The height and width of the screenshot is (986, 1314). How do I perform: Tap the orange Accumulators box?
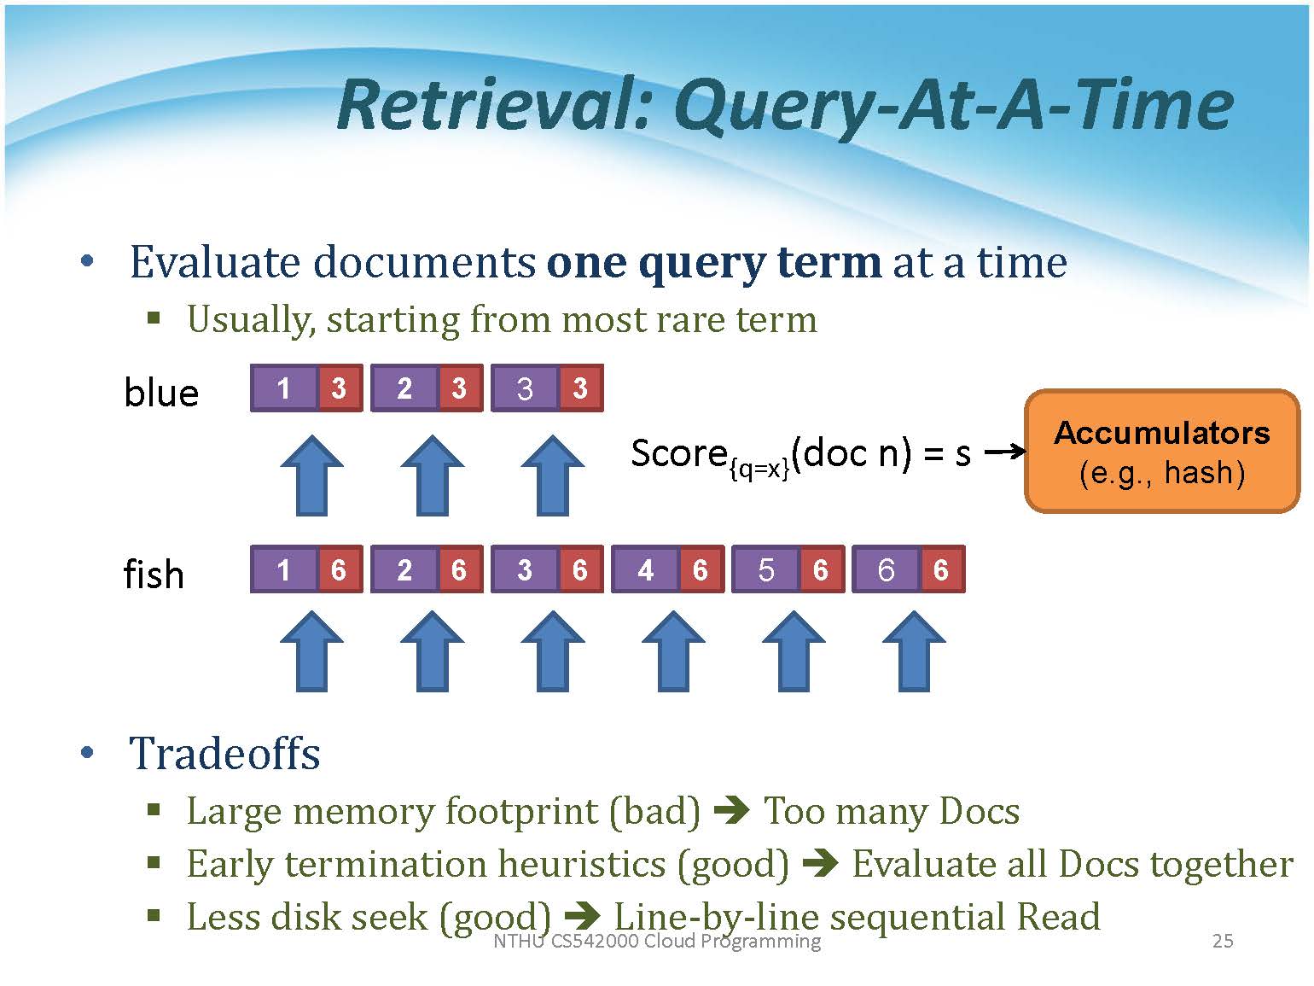pyautogui.click(x=1161, y=452)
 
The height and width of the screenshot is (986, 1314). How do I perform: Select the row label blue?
pyautogui.click(x=161, y=393)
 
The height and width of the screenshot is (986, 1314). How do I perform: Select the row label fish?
pyautogui.click(x=154, y=574)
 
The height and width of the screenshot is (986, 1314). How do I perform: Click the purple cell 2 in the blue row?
pyautogui.click(x=404, y=388)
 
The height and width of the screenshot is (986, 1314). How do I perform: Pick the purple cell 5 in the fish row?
pyautogui.click(x=765, y=569)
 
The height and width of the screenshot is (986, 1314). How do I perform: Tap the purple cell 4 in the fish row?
pyautogui.click(x=645, y=569)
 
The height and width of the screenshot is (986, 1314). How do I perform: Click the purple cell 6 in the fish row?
pyautogui.click(x=886, y=569)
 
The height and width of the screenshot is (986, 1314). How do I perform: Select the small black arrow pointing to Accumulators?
pyautogui.click(x=1004, y=452)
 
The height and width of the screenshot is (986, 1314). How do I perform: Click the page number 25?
pyautogui.click(x=1223, y=941)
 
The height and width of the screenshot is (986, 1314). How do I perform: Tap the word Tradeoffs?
pyautogui.click(x=224, y=754)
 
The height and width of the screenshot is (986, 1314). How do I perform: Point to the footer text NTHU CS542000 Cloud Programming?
pyautogui.click(x=657, y=941)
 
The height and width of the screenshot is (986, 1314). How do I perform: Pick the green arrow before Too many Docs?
pyautogui.click(x=731, y=810)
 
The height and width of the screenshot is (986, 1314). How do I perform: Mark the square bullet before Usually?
pyautogui.click(x=154, y=319)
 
